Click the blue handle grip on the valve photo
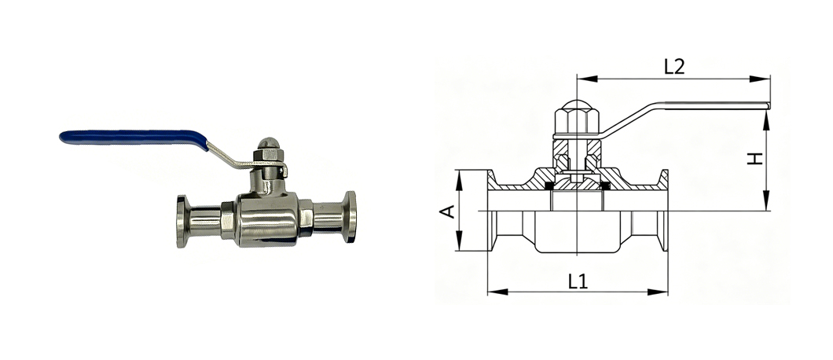(x=133, y=138)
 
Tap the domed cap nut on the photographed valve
(x=268, y=144)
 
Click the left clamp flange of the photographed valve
(x=182, y=221)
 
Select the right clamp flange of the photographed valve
(x=350, y=217)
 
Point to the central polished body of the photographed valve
(x=267, y=219)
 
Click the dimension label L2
(x=674, y=67)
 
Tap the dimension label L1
(x=578, y=281)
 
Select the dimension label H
(x=755, y=158)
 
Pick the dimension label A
(x=447, y=211)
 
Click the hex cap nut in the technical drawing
(x=577, y=118)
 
